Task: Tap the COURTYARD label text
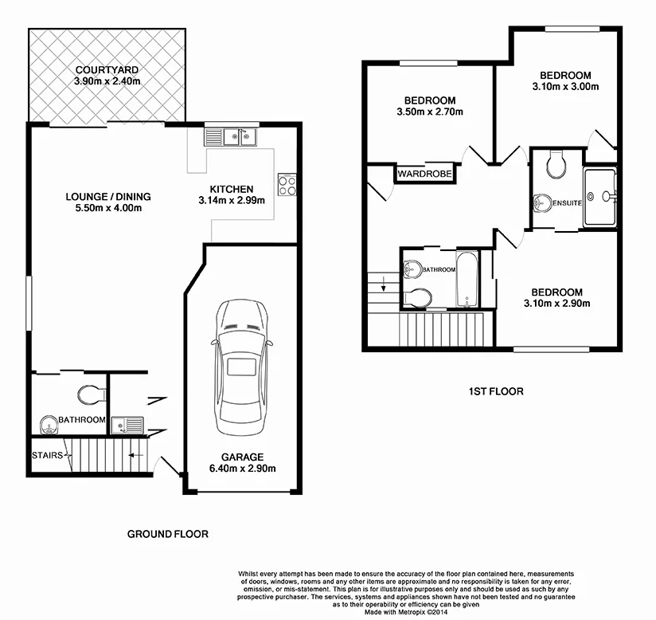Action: [x=107, y=69]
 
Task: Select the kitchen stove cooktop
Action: [x=287, y=184]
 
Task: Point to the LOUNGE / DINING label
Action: [x=107, y=197]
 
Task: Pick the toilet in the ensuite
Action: [x=556, y=165]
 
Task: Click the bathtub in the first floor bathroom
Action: [x=467, y=279]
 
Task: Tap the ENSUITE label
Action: [x=568, y=203]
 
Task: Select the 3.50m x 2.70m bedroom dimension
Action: [x=429, y=112]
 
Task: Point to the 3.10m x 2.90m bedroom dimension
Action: [x=556, y=303]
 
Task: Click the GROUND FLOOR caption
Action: [x=168, y=534]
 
